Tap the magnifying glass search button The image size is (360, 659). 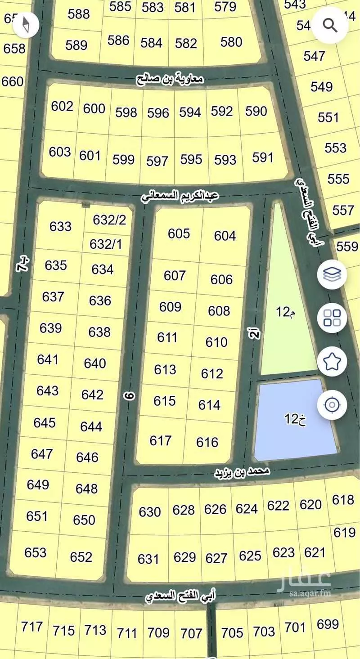point(330,26)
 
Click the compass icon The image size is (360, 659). point(27,25)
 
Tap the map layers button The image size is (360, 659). point(332,274)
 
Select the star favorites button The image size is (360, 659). point(332,361)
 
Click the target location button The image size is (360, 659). point(332,405)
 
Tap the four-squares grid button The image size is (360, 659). point(332,318)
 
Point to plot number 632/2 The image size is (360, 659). point(109,220)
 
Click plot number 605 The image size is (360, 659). point(179,233)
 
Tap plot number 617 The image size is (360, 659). point(161,440)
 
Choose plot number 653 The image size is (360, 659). point(36,552)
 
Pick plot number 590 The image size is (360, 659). point(256,111)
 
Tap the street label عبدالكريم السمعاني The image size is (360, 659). point(180,196)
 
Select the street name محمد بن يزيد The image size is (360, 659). point(242,472)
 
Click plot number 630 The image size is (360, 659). point(150,512)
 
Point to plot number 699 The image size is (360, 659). point(328,624)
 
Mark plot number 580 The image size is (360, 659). point(231,42)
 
